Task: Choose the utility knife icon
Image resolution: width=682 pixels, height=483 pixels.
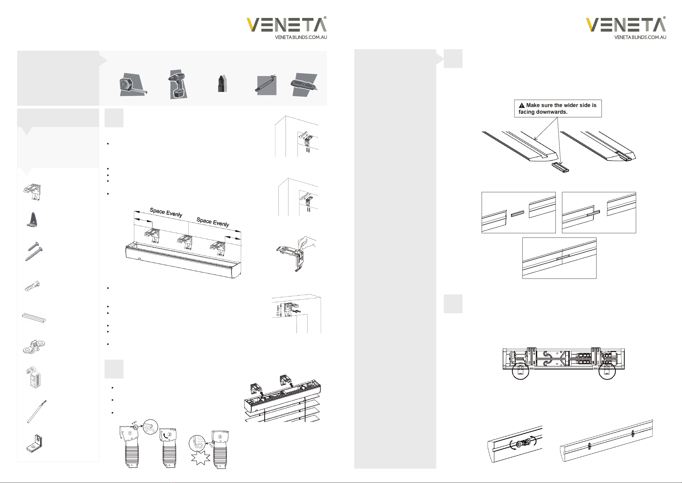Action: click(x=303, y=85)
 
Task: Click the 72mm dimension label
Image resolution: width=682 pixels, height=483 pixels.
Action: click(x=303, y=135)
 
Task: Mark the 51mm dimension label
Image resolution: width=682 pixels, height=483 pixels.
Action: click(x=278, y=310)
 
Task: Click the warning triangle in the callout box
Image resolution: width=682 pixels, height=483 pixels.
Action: click(x=522, y=106)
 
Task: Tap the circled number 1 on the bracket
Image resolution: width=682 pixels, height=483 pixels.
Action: click(x=130, y=433)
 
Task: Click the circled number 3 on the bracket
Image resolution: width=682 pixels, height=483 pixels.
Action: click(x=220, y=437)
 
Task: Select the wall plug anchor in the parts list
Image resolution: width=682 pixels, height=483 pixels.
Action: click(x=32, y=286)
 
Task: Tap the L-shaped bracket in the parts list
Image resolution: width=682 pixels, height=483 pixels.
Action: click(x=34, y=444)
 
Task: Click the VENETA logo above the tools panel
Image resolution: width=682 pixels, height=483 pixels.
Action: click(x=286, y=25)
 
